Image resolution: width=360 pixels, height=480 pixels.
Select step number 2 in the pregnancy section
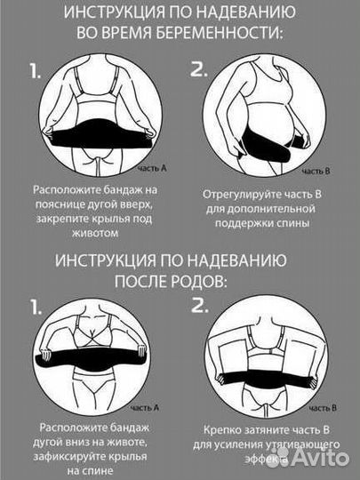[x=199, y=70]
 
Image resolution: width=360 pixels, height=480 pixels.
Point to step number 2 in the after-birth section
[x=199, y=308]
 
